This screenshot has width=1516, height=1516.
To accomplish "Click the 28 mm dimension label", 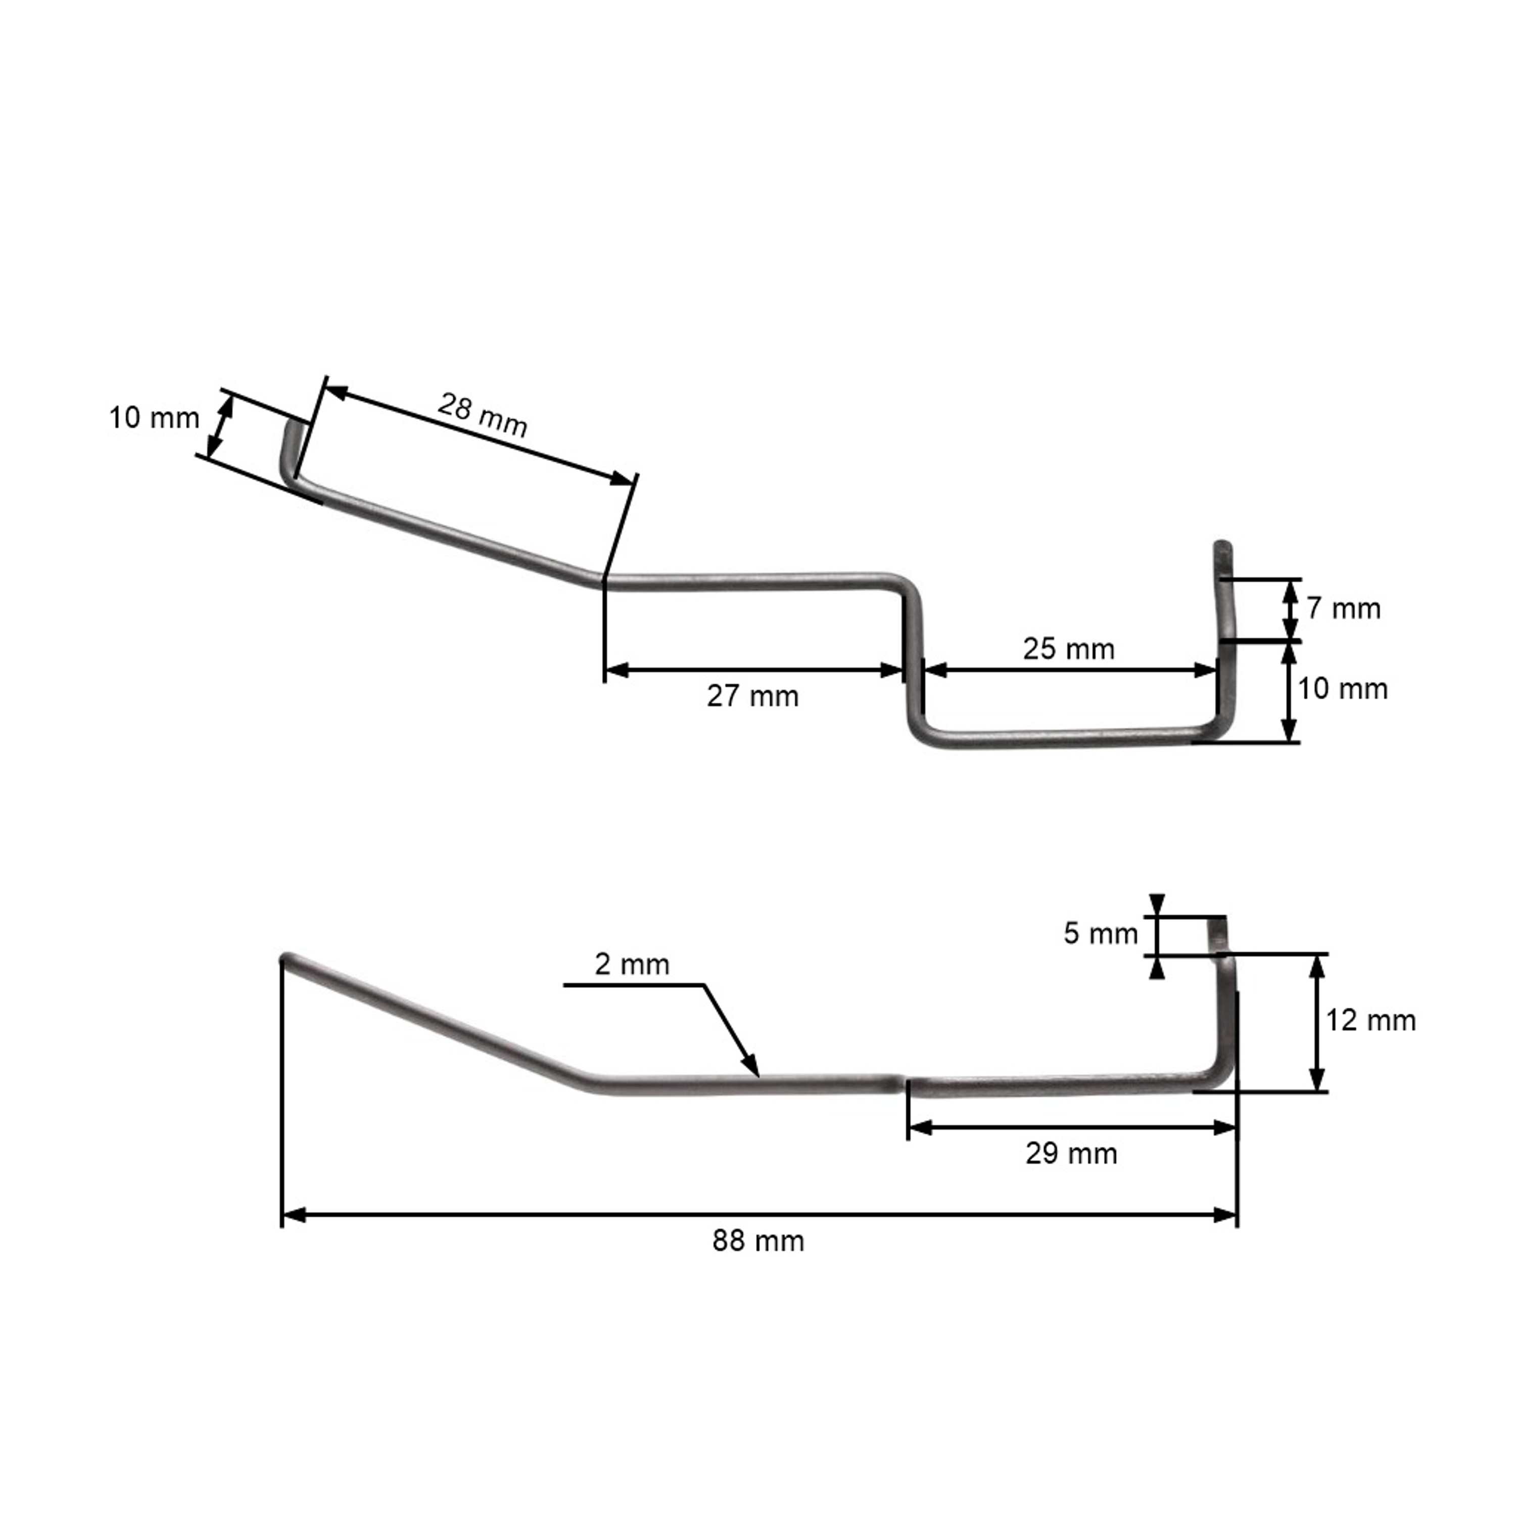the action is pos(482,414).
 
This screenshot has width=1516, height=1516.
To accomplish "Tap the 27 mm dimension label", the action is pos(752,696).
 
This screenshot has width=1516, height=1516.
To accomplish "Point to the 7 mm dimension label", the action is pos(1343,608).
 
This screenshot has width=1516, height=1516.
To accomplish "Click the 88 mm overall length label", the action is pos(758,1241).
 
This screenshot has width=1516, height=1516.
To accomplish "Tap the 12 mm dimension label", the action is pos(1371,1020).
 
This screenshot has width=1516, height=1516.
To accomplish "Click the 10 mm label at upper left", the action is pos(154,417).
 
